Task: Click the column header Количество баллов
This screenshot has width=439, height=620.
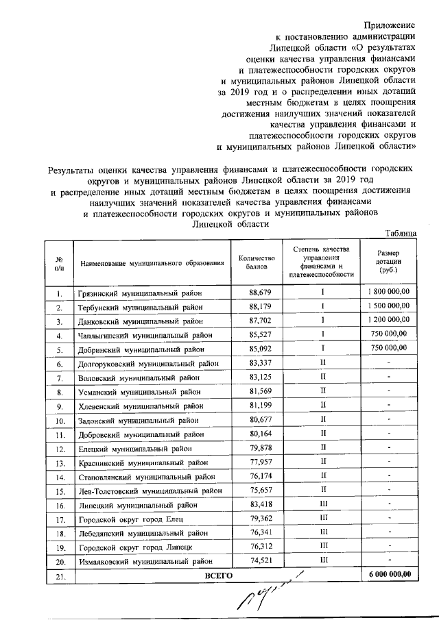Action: [x=257, y=262]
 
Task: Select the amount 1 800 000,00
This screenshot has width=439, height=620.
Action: [x=388, y=293]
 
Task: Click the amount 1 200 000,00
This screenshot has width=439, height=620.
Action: [x=388, y=319]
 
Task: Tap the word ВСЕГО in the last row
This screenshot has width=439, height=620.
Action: [x=219, y=575]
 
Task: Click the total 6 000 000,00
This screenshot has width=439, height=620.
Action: [x=388, y=575]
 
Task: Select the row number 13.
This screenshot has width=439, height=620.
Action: [x=60, y=463]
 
